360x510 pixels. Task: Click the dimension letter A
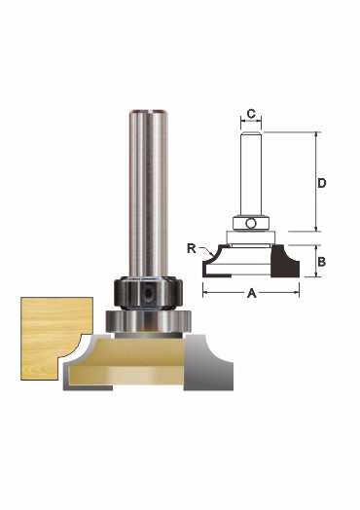(x=251, y=293)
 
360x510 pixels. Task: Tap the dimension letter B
(x=321, y=262)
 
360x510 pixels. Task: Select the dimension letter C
(x=251, y=114)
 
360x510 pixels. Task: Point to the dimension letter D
(x=321, y=183)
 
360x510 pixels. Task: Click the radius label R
(x=192, y=248)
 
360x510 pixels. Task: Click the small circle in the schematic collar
(x=251, y=224)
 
